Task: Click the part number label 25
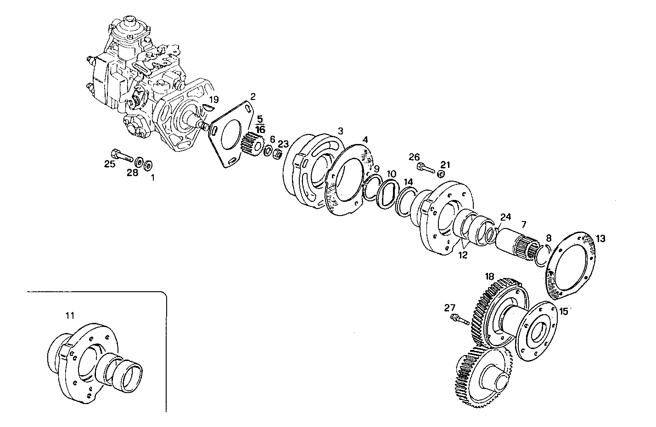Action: pos(109,164)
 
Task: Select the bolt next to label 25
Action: pos(121,155)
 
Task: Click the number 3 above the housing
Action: pos(340,131)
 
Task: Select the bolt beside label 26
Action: pos(426,168)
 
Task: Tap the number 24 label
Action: pos(505,216)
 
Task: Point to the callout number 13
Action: pos(600,238)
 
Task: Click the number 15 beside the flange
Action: pos(564,311)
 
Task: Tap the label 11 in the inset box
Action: pos(69,315)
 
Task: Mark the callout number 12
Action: pos(462,255)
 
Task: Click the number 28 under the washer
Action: pos(132,172)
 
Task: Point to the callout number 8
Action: pos(548,238)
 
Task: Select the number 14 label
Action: pos(408,182)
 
